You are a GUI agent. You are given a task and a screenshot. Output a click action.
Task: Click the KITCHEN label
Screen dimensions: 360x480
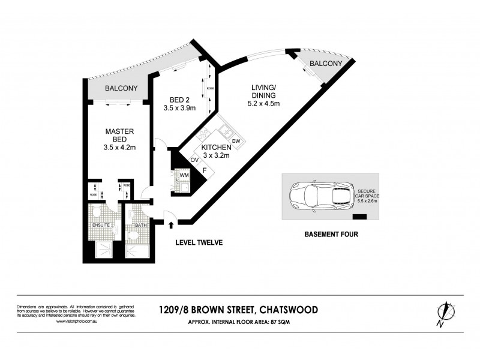[x=215, y=146]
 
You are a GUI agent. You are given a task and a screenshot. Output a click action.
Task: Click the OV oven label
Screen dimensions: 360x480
[x=195, y=160]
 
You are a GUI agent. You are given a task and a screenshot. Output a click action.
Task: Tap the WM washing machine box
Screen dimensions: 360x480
[x=185, y=175]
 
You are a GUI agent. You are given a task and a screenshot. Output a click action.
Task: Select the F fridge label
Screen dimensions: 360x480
[x=204, y=171]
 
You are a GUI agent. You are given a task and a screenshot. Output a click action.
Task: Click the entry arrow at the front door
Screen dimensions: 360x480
[x=172, y=226]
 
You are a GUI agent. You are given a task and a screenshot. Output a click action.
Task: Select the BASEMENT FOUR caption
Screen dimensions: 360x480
[x=331, y=235]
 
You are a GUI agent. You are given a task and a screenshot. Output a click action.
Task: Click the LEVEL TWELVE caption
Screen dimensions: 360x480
[x=199, y=242]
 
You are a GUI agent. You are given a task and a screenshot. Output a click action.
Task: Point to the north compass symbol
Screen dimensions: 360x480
[x=444, y=313]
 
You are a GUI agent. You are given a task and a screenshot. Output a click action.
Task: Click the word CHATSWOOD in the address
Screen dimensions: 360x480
[x=289, y=310]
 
